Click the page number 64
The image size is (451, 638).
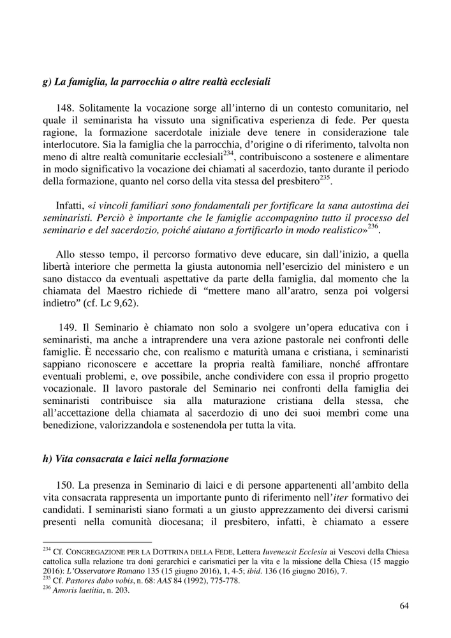click(403, 605)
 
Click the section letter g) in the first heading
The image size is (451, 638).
click(48, 82)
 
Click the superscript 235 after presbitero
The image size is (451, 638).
click(325, 177)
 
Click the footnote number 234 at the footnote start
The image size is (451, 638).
click(47, 549)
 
